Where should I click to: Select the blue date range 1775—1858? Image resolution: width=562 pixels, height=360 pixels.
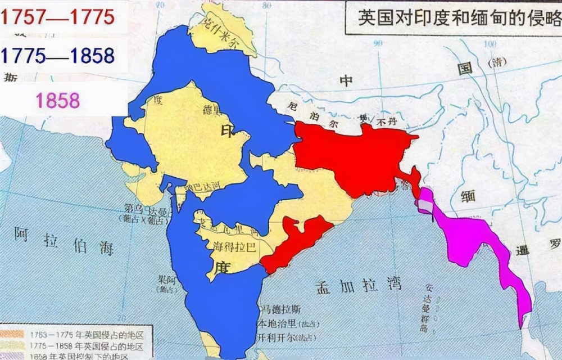(x=58, y=55)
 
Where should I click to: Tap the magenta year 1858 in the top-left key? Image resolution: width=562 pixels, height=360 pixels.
(x=58, y=100)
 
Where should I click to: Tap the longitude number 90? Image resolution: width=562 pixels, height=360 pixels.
(x=378, y=43)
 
